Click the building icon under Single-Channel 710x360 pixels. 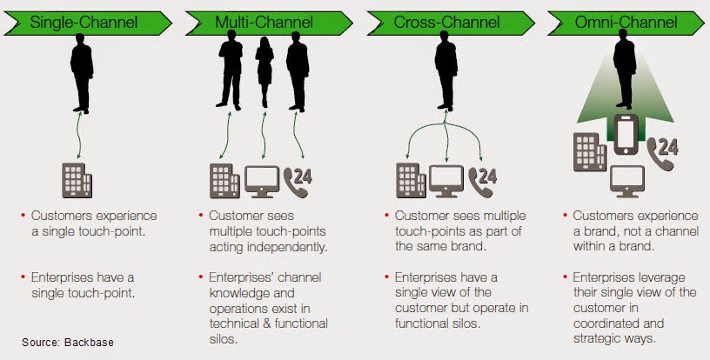77,179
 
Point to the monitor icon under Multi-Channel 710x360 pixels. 263,180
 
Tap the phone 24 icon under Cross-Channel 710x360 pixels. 481,179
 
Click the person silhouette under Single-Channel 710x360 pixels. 81,73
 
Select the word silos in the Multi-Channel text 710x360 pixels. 224,339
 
